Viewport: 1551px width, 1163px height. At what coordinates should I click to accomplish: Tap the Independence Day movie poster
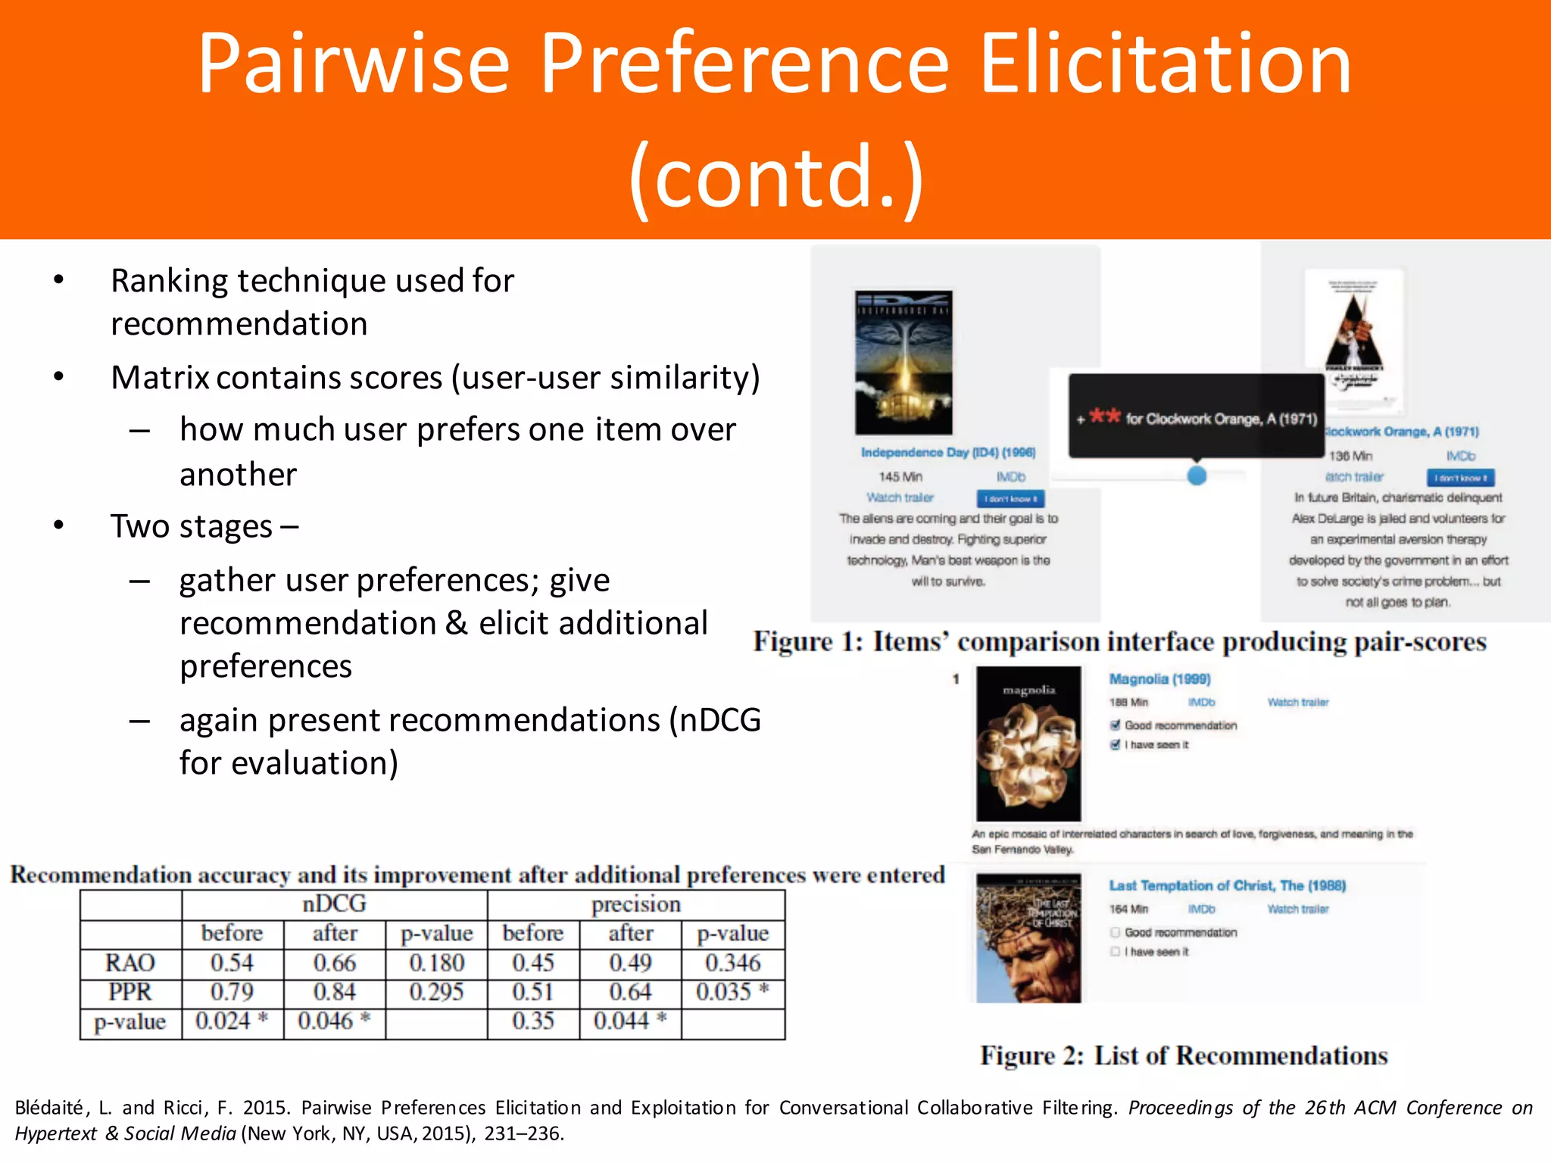[903, 362]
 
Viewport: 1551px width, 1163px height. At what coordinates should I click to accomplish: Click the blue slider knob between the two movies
[1197, 475]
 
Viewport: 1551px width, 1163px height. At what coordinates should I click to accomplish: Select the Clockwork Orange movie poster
[1354, 339]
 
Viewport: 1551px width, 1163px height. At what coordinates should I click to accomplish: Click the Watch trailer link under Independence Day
[900, 497]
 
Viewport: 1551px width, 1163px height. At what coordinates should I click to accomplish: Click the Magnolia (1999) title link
[1159, 679]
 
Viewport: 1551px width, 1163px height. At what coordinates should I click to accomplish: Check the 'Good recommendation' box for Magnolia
[1116, 725]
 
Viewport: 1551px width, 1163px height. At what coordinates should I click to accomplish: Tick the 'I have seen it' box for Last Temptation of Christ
[1116, 952]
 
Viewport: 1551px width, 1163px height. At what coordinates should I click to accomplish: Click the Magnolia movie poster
[1028, 744]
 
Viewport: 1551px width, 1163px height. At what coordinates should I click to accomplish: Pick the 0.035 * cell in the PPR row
[732, 992]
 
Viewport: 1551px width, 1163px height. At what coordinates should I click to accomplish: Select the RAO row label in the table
[130, 962]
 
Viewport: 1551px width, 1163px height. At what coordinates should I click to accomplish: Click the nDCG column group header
[334, 904]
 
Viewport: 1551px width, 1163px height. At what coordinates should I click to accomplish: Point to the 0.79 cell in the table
[232, 992]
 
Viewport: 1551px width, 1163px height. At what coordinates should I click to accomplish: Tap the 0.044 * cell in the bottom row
[629, 1021]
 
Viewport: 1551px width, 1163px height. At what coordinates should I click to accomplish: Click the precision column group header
[635, 904]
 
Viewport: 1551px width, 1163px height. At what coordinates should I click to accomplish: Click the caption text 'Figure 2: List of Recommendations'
[1183, 1055]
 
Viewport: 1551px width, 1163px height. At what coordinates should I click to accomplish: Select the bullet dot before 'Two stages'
[59, 525]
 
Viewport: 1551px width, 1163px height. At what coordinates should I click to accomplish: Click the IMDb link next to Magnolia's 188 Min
[1201, 703]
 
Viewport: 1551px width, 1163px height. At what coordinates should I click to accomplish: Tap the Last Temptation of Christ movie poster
[1028, 938]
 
